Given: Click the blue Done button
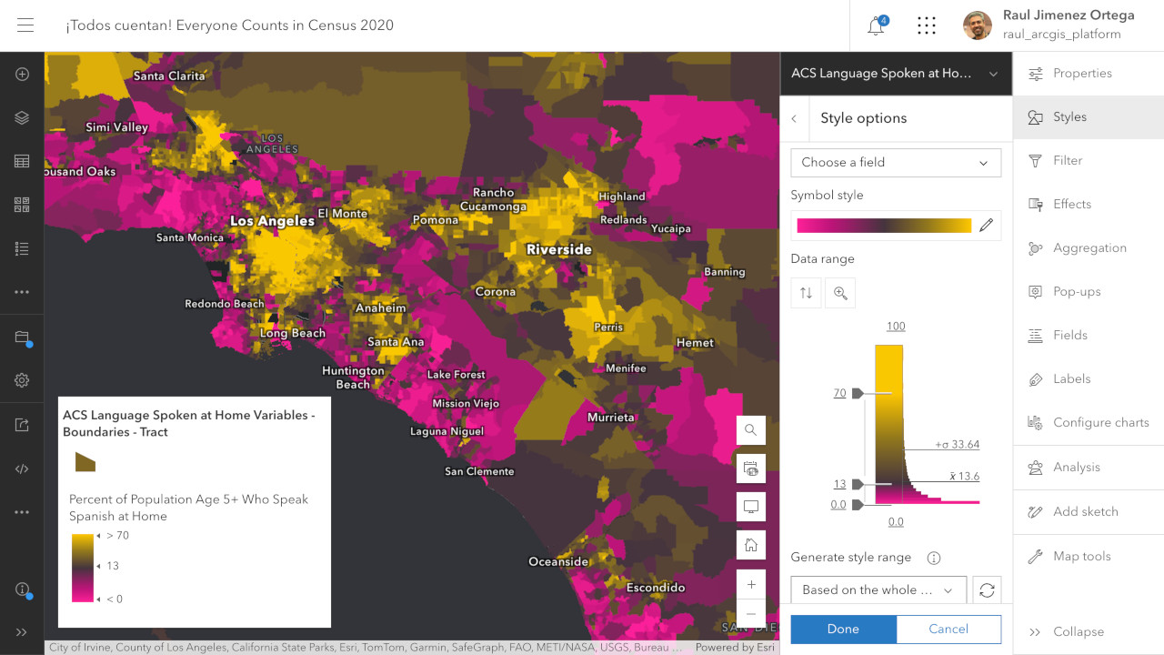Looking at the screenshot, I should (x=843, y=629).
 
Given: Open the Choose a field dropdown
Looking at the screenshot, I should (x=895, y=163).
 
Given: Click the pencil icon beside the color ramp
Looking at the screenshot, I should (x=987, y=226).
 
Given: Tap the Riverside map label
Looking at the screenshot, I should (x=558, y=249).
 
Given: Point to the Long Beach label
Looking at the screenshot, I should (x=292, y=333).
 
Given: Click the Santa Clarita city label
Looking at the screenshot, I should (x=169, y=76).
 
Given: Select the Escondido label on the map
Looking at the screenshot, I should (x=656, y=588).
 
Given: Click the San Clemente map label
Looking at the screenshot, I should (x=479, y=471).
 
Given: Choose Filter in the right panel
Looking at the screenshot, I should (x=1067, y=160).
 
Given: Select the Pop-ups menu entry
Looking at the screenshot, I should (x=1076, y=292).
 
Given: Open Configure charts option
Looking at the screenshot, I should (x=1100, y=422).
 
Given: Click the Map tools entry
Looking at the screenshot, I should (x=1081, y=556).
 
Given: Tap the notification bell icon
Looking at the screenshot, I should (x=876, y=25).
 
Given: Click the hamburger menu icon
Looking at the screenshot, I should (x=25, y=25).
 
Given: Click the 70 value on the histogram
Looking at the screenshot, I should (x=839, y=393).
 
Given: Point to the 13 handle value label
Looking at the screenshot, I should (x=839, y=484).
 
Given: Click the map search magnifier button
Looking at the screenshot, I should (x=750, y=430).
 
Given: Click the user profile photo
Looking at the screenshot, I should (x=978, y=25).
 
